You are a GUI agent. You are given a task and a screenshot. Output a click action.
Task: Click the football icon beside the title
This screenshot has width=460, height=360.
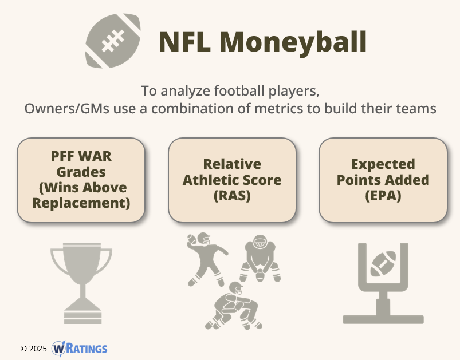(113, 41)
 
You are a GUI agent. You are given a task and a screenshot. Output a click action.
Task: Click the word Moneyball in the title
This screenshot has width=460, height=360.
(293, 42)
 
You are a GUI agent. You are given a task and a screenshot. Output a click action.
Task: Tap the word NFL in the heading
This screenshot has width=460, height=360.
(185, 42)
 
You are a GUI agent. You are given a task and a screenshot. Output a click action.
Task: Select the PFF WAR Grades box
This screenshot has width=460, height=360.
(81, 180)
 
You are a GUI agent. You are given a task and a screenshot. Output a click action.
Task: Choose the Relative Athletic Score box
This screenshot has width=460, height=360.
(232, 180)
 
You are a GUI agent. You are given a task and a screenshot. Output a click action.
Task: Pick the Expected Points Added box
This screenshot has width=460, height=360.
(383, 180)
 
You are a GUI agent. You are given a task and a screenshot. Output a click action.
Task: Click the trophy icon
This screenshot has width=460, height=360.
(81, 283)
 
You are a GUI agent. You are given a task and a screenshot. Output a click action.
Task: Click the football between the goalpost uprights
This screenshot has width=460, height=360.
(383, 264)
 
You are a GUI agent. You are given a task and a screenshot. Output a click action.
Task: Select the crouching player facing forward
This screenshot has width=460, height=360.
(260, 258)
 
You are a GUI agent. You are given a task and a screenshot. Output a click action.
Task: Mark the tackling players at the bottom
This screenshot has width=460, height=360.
(234, 306)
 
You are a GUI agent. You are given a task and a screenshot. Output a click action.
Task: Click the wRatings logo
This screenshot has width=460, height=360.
(80, 349)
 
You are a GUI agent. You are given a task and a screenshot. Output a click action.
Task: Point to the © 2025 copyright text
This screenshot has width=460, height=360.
(33, 349)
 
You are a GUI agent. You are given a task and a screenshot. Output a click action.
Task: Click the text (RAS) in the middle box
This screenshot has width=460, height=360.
(232, 196)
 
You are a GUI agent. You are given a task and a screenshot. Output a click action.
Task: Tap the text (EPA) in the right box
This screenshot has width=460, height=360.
(383, 196)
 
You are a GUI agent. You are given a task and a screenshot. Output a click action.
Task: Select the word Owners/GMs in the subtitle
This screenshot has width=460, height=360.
(67, 109)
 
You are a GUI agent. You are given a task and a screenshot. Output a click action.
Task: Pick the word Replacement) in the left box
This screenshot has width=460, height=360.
(81, 203)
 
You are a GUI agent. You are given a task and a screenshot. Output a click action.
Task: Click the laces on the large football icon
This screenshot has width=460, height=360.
(113, 41)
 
